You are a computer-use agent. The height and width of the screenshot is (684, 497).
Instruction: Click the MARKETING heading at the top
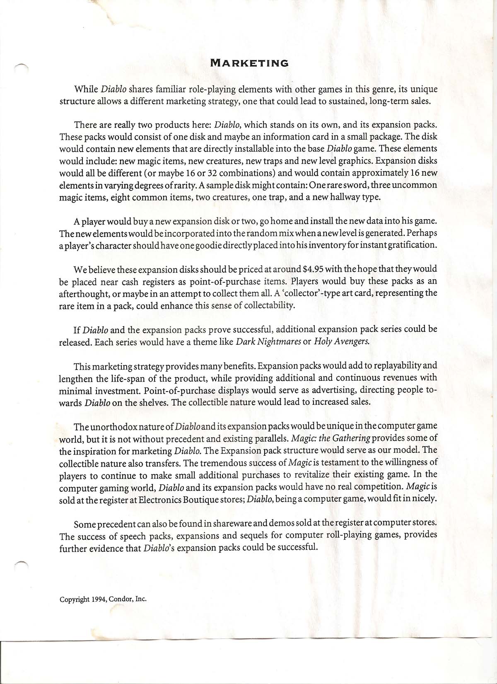click(249, 63)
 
